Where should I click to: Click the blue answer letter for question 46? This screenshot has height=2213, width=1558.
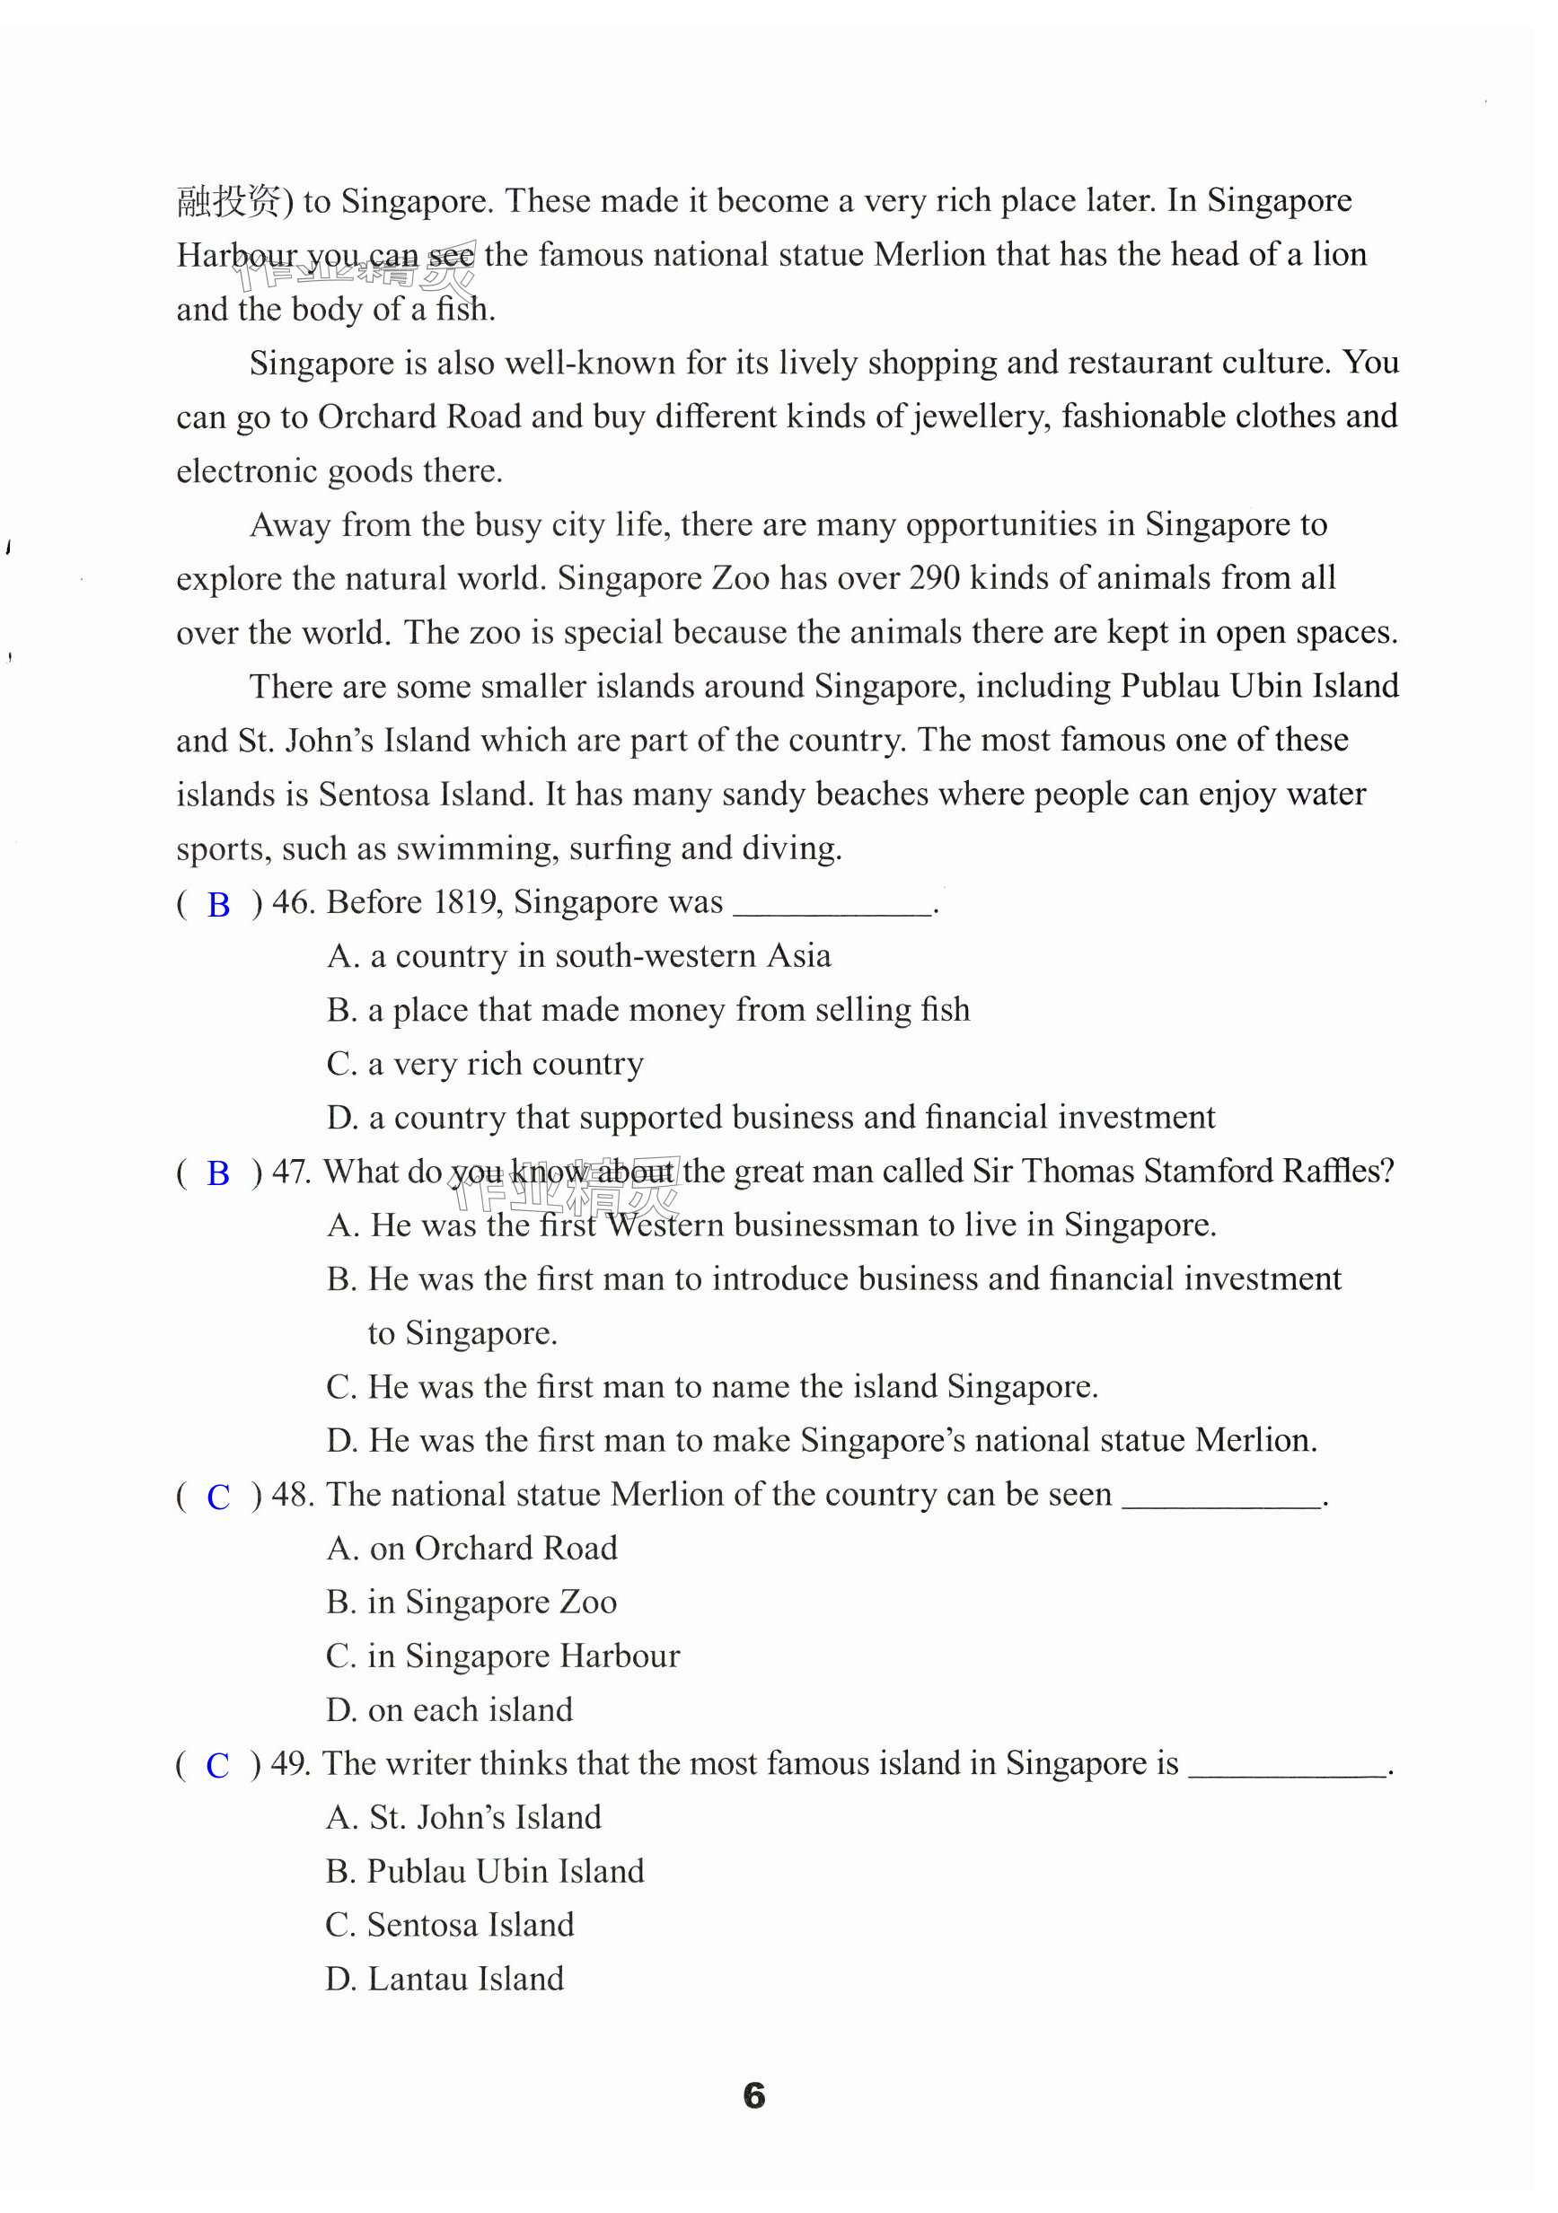219,905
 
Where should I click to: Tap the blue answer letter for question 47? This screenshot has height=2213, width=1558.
219,1174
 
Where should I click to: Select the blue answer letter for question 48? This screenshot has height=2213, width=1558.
219,1497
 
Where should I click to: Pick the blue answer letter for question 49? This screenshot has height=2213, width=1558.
218,1765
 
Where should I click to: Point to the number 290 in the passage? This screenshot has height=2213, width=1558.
934,578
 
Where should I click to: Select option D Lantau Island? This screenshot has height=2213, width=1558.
445,1979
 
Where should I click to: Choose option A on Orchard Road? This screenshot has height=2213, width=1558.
471,1548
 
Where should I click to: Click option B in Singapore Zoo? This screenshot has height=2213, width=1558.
471,1602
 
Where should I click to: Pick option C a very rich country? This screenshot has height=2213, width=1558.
485,1064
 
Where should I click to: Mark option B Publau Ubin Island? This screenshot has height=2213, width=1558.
485,1871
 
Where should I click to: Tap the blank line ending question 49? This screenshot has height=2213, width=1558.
1287,1771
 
